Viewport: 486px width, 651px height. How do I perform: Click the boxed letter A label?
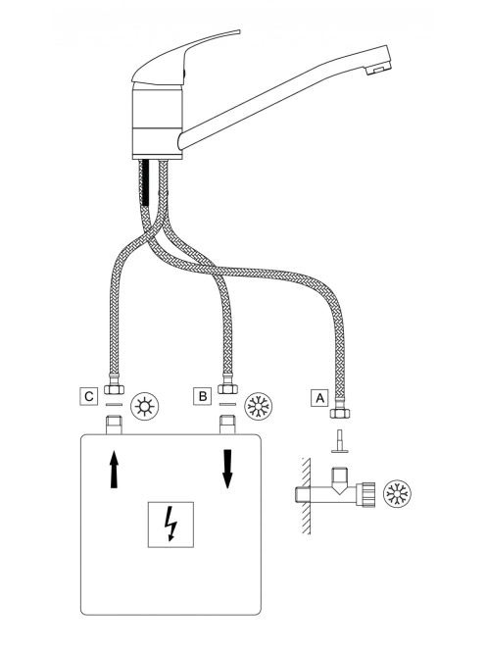(x=319, y=398)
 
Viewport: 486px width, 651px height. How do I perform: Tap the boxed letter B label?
(x=203, y=396)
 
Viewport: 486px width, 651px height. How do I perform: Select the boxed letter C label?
(x=88, y=396)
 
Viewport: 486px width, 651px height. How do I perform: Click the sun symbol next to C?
(x=144, y=406)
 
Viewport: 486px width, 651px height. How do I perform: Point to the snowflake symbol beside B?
(x=258, y=406)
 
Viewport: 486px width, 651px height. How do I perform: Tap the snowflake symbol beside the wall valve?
(x=397, y=494)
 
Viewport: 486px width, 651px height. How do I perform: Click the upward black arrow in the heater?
(x=114, y=470)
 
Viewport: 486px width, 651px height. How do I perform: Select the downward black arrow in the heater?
(x=227, y=469)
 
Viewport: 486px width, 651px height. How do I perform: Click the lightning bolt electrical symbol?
(x=170, y=524)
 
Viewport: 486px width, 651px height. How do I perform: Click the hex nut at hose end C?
(x=114, y=389)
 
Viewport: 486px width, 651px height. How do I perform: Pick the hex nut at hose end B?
(x=227, y=389)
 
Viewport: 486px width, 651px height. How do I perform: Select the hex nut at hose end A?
(x=339, y=413)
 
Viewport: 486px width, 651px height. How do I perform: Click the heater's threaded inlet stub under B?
(x=227, y=425)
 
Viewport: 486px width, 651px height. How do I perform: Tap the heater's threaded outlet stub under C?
(x=114, y=425)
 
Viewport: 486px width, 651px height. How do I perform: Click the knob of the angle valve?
(x=365, y=494)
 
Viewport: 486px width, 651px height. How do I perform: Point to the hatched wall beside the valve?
(x=306, y=496)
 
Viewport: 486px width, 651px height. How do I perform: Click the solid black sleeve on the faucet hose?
(x=145, y=183)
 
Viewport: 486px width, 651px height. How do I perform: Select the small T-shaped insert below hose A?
(x=339, y=441)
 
